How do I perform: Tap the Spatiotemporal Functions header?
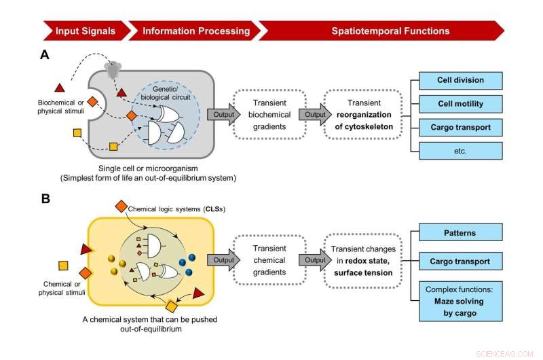point(380,31)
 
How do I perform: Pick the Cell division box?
point(460,80)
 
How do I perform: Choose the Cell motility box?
point(460,103)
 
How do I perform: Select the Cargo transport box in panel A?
point(460,127)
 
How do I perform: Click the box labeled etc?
point(460,150)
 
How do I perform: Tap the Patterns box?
point(460,233)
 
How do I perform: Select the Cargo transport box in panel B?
point(460,261)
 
